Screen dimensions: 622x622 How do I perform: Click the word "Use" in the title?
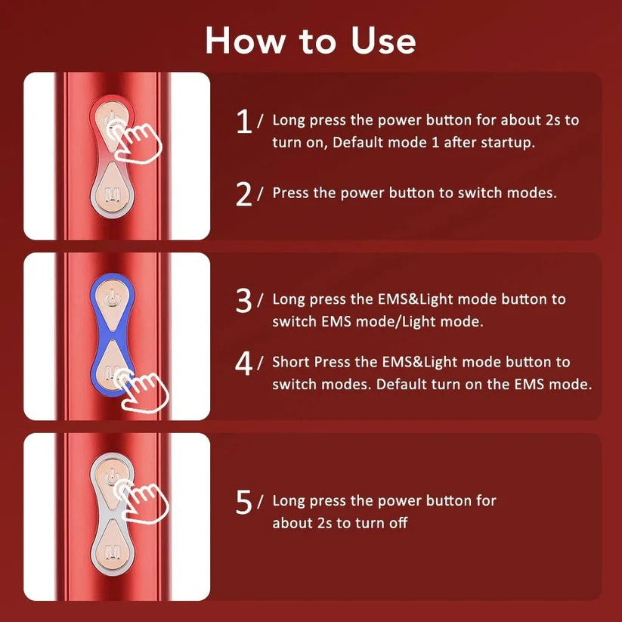[x=376, y=40]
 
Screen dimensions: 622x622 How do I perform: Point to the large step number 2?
[x=243, y=193]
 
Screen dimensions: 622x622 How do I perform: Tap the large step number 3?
[x=243, y=301]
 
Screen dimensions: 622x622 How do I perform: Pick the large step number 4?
[x=243, y=364]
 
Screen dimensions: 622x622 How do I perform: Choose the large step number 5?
[x=243, y=503]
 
